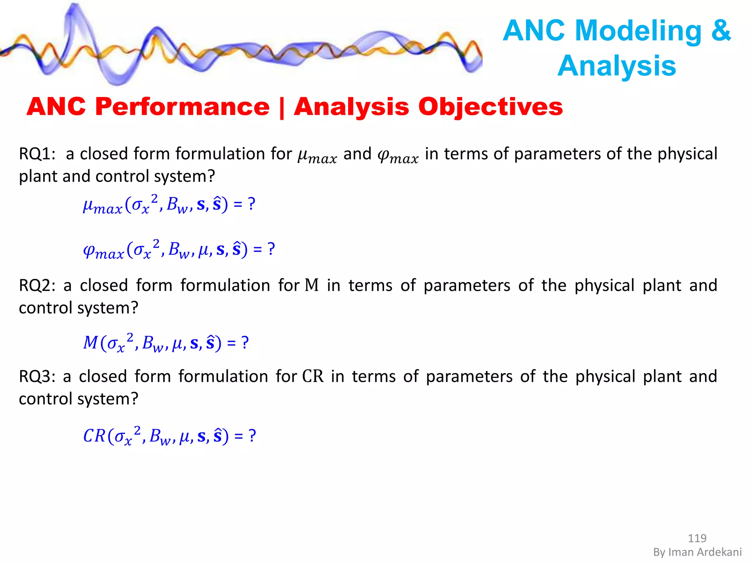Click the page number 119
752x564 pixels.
tap(697, 538)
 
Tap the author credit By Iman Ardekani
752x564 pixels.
tap(697, 552)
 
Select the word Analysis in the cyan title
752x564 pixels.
tap(617, 66)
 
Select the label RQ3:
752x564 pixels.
tap(37, 376)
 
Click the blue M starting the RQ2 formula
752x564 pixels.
tap(90, 343)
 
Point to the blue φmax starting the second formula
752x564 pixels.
tap(103, 251)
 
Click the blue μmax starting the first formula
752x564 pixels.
tap(102, 206)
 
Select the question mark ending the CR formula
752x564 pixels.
tap(252, 436)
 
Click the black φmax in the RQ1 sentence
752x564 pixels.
tap(398, 156)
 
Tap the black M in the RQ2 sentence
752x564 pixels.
tap(312, 285)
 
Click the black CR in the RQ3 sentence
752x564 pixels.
tap(313, 376)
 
